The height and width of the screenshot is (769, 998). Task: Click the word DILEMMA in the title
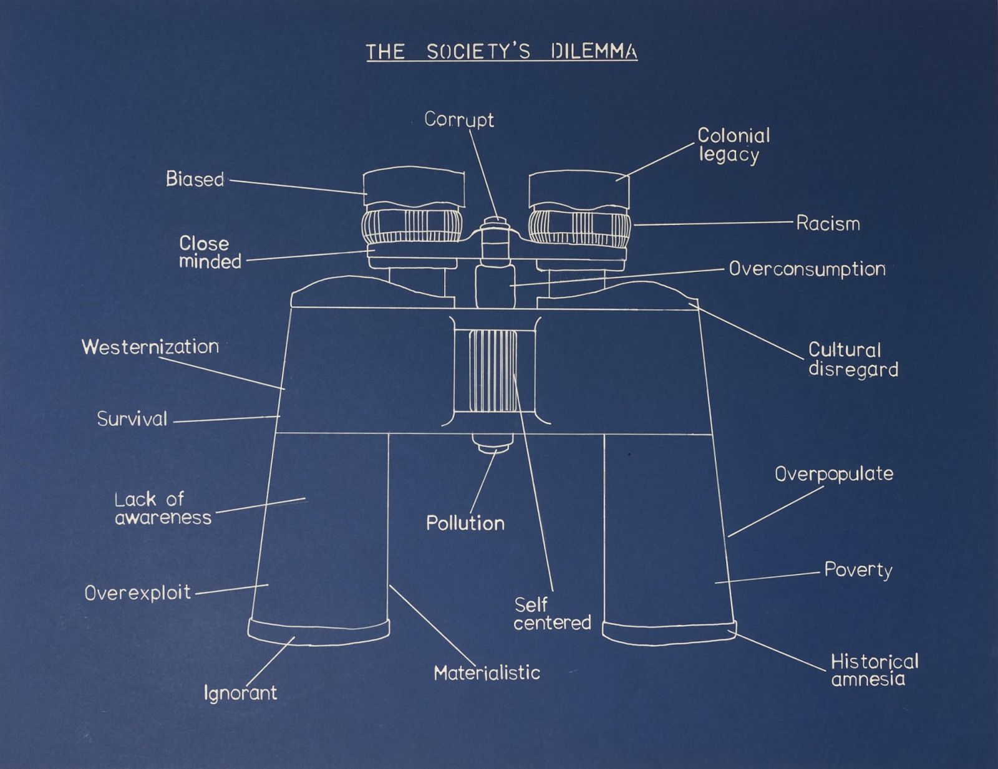pyautogui.click(x=594, y=52)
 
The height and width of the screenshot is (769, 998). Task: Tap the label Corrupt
pyautogui.click(x=459, y=119)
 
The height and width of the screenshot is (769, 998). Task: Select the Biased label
pyautogui.click(x=195, y=179)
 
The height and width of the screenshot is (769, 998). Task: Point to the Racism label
pyautogui.click(x=828, y=223)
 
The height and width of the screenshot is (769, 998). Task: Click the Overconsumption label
pyautogui.click(x=807, y=269)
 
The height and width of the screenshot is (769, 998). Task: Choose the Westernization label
pyautogui.click(x=150, y=347)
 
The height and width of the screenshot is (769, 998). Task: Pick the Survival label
pyautogui.click(x=132, y=418)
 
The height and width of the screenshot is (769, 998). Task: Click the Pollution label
pyautogui.click(x=465, y=523)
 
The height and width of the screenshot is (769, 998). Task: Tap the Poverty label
pyautogui.click(x=858, y=570)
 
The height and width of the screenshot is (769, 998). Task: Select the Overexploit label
pyautogui.click(x=138, y=592)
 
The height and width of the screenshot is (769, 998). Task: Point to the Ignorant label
pyautogui.click(x=240, y=693)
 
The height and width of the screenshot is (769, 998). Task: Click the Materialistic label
pyautogui.click(x=487, y=673)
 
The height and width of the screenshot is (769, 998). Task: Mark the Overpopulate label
pyautogui.click(x=834, y=474)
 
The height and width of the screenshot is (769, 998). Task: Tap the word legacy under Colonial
pyautogui.click(x=729, y=155)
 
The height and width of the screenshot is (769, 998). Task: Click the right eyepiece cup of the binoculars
pyautogui.click(x=579, y=188)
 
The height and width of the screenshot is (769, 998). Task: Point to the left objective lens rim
pyautogui.click(x=319, y=632)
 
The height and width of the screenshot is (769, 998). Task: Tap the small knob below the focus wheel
pyautogui.click(x=493, y=443)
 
